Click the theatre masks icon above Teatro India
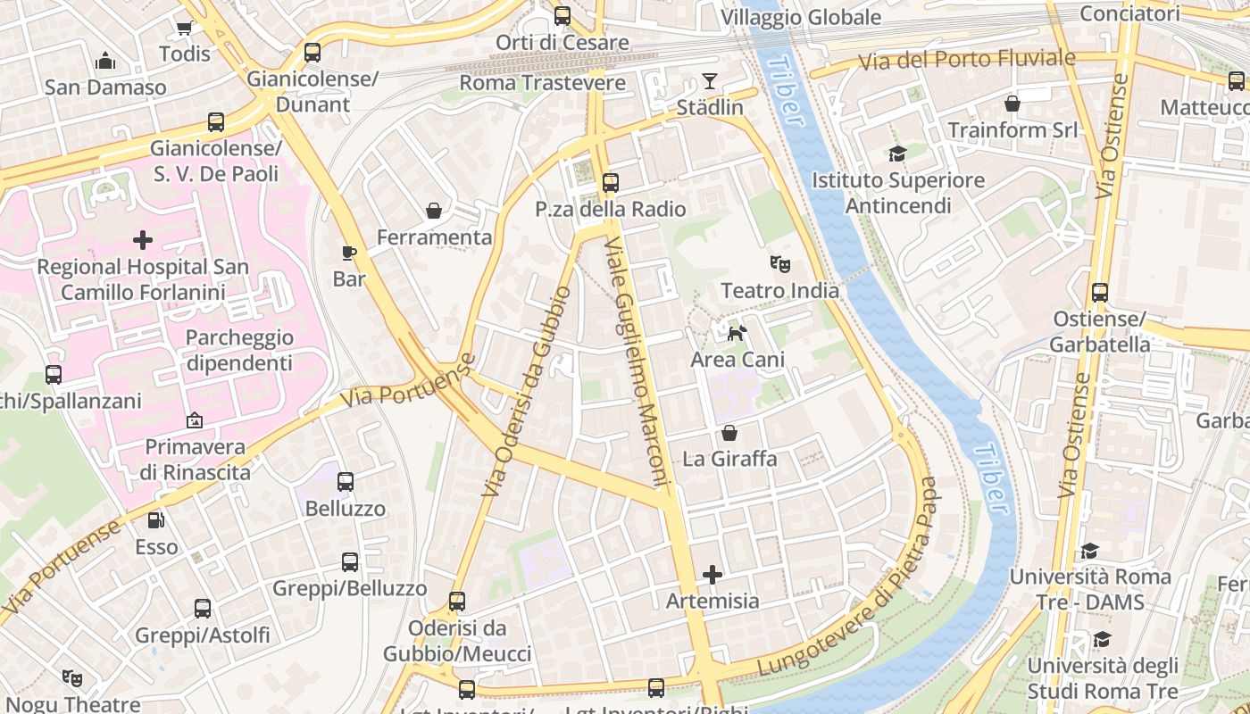[780, 264]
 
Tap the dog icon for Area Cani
[737, 334]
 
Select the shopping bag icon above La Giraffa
[729, 434]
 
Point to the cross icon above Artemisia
[712, 575]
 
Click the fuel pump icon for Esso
[156, 519]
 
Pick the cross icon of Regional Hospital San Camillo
[143, 240]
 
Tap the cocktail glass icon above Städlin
[710, 81]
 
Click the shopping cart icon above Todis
[184, 28]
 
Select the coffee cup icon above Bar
[349, 253]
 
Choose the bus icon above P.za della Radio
[611, 183]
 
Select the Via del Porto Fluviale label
[967, 60]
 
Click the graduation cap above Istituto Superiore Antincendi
[897, 154]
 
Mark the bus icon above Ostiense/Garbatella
[1100, 293]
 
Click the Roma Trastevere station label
[542, 83]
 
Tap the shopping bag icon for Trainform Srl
[1012, 104]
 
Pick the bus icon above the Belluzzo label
[346, 482]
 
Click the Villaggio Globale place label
[801, 17]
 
